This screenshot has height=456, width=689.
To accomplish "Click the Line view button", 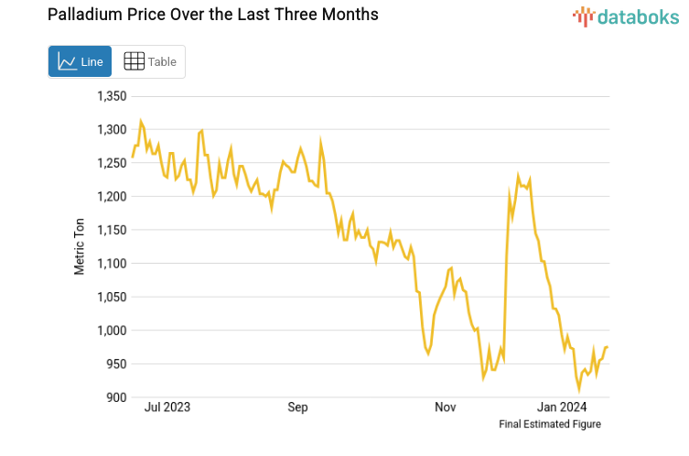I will click(x=80, y=61).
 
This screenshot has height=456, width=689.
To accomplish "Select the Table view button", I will click(x=149, y=61).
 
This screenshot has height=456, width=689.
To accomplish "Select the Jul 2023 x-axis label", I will click(x=168, y=407).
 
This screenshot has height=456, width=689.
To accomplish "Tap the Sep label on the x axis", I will click(x=298, y=407).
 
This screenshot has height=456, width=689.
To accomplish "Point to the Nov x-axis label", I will click(x=446, y=407).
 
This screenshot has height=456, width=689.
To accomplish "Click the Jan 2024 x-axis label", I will click(x=562, y=407).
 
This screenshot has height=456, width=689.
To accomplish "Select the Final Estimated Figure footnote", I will click(x=549, y=424).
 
